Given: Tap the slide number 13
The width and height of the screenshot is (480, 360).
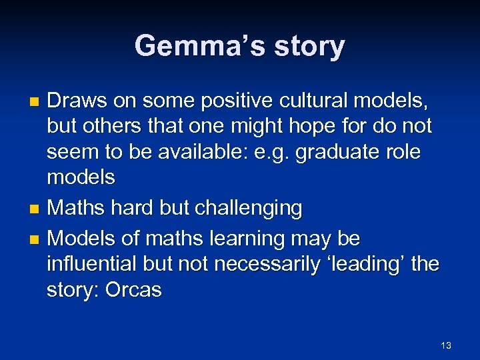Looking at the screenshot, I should tap(446, 345).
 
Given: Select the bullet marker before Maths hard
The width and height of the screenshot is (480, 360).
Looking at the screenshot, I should tap(37, 209).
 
